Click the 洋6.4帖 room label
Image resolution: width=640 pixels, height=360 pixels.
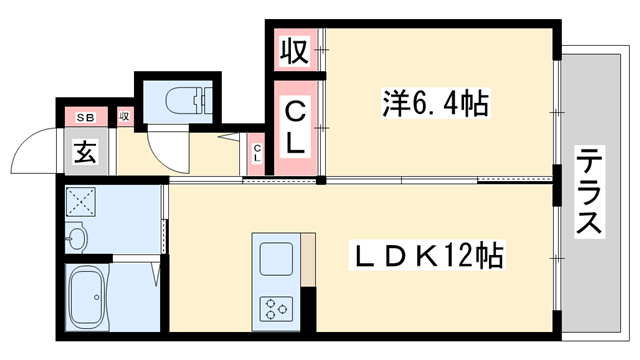coord(435,103)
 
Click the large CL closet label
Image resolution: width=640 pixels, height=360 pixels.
coord(295,128)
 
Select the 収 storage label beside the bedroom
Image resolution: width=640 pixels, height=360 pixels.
coord(292,50)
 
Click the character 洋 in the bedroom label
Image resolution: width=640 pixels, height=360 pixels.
coord(393,103)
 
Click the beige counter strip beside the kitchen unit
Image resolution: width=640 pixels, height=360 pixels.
coord(308,261)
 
